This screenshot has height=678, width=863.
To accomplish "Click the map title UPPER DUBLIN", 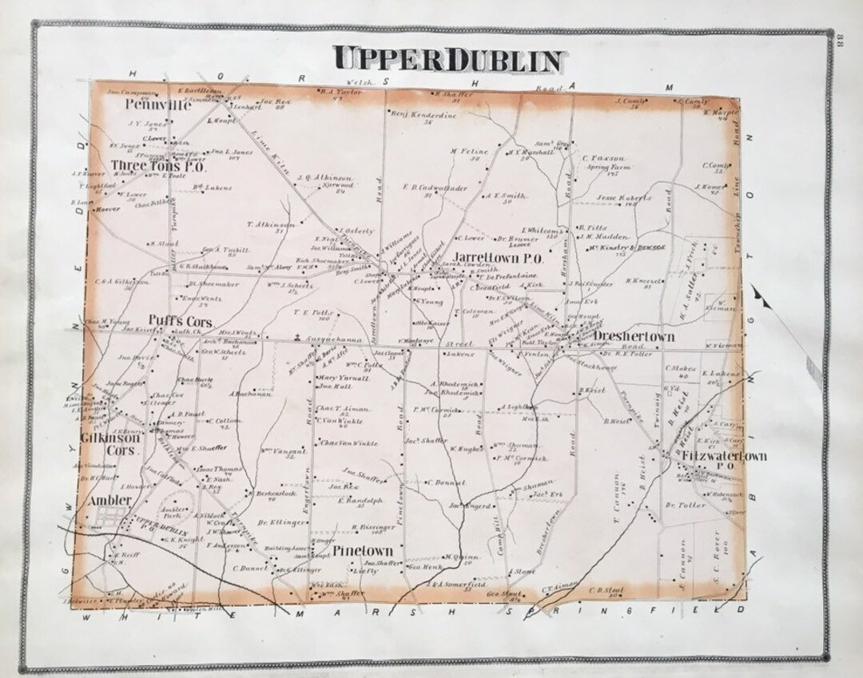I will coord(450,57).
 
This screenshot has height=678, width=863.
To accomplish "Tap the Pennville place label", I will coord(157,105).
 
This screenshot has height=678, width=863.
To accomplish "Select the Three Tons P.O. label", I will coord(159,166).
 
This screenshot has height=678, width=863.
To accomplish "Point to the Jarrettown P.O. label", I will coord(499,260).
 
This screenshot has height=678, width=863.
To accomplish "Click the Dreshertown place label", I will coord(634,337).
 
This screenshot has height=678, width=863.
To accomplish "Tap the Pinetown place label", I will coord(363,551).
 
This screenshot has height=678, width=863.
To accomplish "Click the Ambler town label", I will coord(109,500).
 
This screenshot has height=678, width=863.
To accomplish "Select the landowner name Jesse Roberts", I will coord(624,198).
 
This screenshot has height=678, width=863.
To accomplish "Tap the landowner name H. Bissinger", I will coord(370,528).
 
